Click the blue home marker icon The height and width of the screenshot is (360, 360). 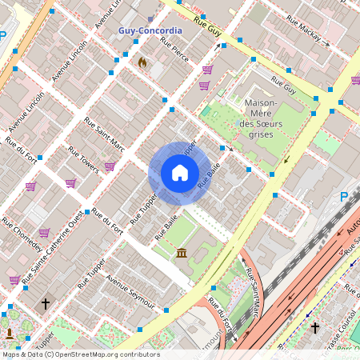point(180,173)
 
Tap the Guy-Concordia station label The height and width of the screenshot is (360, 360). point(150,30)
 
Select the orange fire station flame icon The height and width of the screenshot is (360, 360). point(142,62)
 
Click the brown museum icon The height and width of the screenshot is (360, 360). point(182,254)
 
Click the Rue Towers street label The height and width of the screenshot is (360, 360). point(82,159)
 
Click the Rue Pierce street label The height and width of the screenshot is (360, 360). point(174,53)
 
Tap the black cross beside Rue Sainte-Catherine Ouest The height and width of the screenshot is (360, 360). point(46,304)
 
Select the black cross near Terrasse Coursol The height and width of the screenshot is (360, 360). point(315,328)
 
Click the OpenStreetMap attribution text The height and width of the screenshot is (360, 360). point(81,354)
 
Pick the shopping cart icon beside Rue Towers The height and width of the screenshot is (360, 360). point(110,166)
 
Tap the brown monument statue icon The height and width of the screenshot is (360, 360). point(10,333)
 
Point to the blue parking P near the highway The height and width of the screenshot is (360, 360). point(344,197)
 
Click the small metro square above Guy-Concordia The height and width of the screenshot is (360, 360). point(150,18)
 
